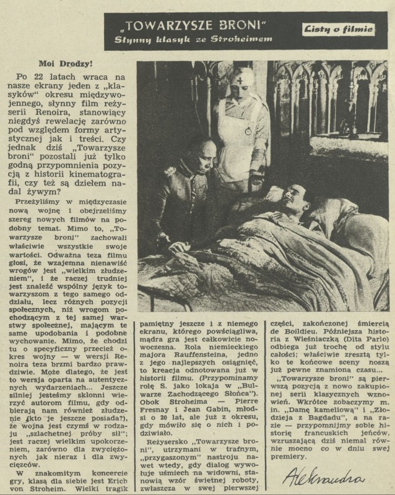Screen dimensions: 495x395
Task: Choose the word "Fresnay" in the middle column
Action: tap(162, 411)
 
